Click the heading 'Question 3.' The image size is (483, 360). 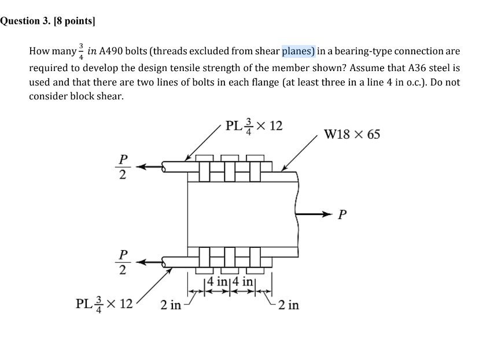click(x=26, y=22)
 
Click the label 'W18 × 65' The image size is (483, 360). click(x=352, y=135)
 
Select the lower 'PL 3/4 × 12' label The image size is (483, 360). click(x=105, y=303)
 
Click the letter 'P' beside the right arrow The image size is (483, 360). click(x=342, y=216)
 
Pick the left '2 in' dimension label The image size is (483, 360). click(x=171, y=304)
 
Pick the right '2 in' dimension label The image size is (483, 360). click(x=289, y=305)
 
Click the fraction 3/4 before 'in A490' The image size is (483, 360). click(x=81, y=52)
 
